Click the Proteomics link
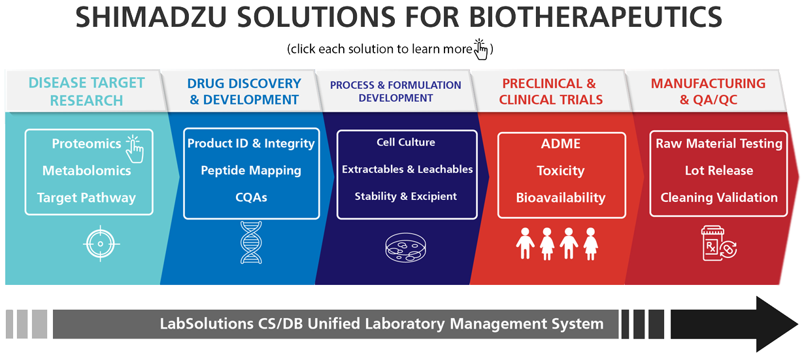click(86, 144)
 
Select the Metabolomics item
click(86, 171)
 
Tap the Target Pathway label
click(86, 198)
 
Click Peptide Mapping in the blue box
click(251, 171)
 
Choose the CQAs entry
click(251, 197)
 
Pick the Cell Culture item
click(405, 142)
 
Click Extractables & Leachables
click(407, 169)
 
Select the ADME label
click(561, 144)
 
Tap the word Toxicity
click(561, 171)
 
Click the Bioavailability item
click(561, 198)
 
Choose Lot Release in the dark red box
click(719, 171)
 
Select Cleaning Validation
click(719, 198)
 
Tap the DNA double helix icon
click(251, 242)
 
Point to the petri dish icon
click(405, 248)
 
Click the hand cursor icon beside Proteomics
click(135, 149)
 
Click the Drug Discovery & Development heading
click(244, 91)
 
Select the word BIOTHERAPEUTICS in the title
click(595, 17)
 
